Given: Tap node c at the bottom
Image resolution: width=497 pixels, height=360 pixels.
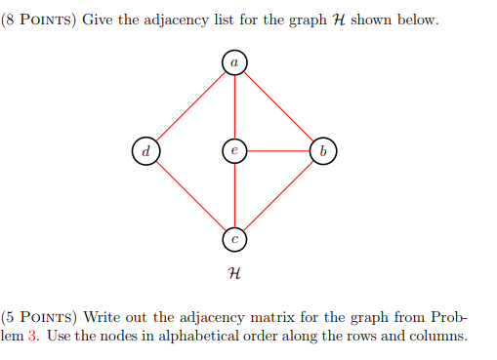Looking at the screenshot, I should pyautogui.click(x=234, y=238).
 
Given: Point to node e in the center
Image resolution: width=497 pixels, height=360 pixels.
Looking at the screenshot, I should pyautogui.click(x=234, y=151).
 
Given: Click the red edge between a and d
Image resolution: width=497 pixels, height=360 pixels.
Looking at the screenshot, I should pyautogui.click(x=190, y=106).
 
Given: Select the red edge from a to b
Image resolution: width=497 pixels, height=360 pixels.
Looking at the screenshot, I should pyautogui.click(x=278, y=106).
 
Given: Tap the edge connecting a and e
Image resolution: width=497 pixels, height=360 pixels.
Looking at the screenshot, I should pyautogui.click(x=234, y=106).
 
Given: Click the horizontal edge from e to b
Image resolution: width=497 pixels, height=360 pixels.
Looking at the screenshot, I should pyautogui.click(x=278, y=151).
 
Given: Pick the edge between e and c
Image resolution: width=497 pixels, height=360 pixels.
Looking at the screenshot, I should pyautogui.click(x=234, y=195).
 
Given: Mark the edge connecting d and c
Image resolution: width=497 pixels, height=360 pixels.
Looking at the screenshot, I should pyautogui.click(x=190, y=195).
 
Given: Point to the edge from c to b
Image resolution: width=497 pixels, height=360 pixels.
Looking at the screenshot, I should pyautogui.click(x=278, y=195).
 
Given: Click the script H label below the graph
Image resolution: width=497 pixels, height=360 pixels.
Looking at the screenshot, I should pyautogui.click(x=234, y=277).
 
